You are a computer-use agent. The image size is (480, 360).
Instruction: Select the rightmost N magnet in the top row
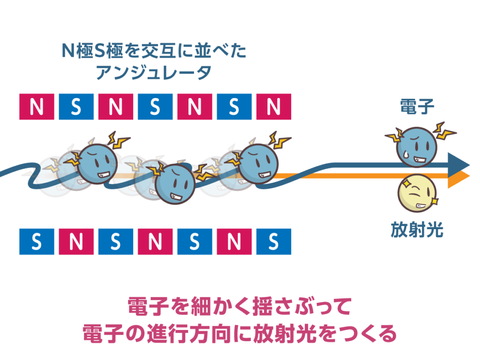pyautogui.click(x=273, y=106)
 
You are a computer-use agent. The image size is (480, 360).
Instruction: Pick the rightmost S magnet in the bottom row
pyautogui.click(x=273, y=242)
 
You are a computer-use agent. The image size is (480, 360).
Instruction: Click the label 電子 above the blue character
pyautogui.click(x=417, y=106)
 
